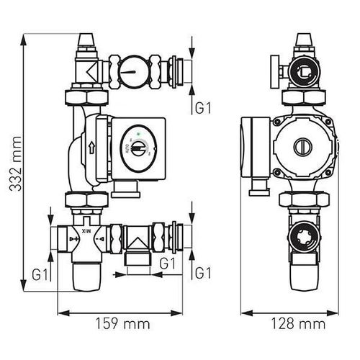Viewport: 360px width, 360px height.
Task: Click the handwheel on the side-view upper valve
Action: [275, 72]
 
